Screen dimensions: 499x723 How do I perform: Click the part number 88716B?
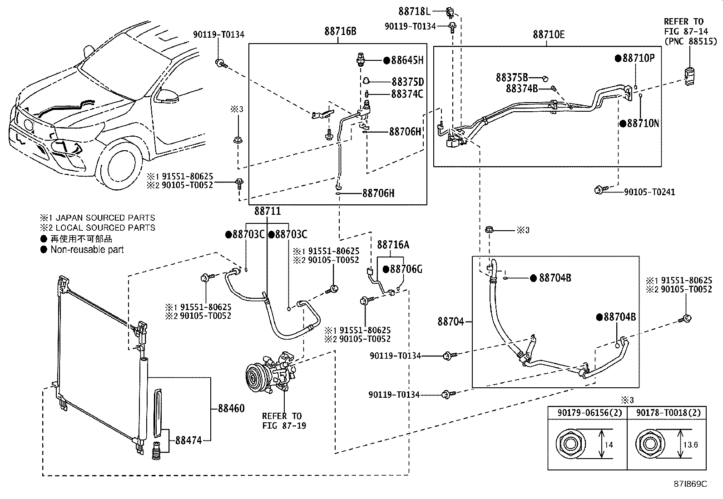pyautogui.click(x=340, y=32)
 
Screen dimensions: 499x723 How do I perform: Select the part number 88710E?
pyautogui.click(x=549, y=35)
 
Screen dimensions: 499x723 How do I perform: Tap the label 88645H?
pyautogui.click(x=407, y=60)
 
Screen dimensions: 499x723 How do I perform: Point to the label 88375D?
pyautogui.click(x=407, y=82)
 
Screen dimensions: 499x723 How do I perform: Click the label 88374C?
pyautogui.click(x=407, y=94)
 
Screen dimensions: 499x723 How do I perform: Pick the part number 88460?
pyautogui.click(x=231, y=408)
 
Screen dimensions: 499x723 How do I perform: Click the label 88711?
pyautogui.click(x=267, y=211)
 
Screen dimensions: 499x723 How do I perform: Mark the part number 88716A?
pyautogui.click(x=393, y=245)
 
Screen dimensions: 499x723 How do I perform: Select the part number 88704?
pyautogui.click(x=451, y=321)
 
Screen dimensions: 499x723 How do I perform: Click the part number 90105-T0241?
pyautogui.click(x=649, y=192)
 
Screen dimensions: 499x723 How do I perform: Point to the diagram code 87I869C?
pyautogui.click(x=690, y=484)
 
